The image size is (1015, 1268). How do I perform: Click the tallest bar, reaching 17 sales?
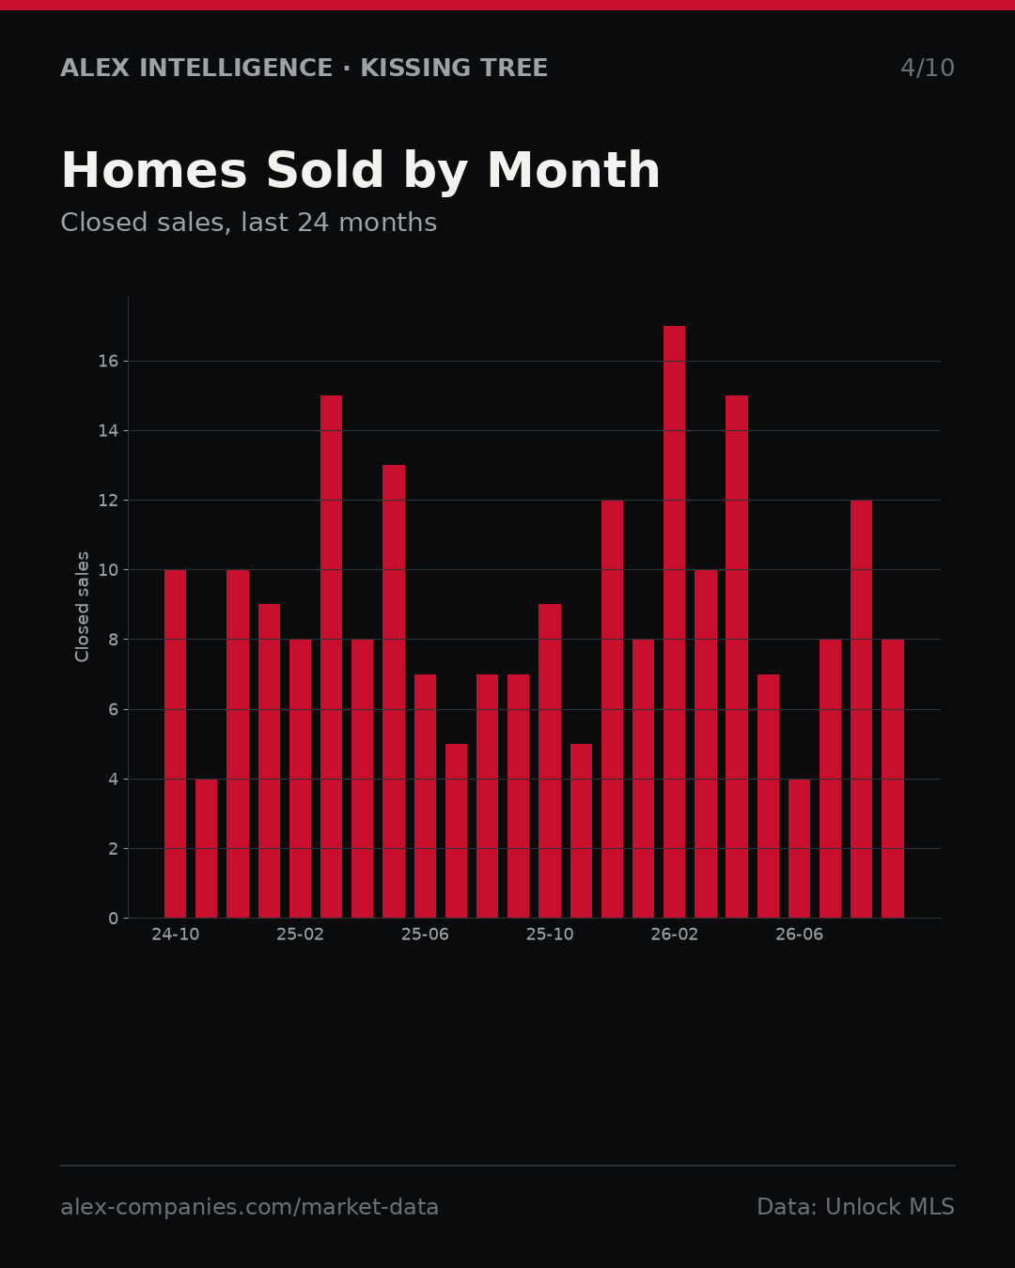point(674,622)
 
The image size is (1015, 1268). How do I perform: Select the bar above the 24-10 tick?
point(175,744)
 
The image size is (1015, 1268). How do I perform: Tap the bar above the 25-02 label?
point(300,779)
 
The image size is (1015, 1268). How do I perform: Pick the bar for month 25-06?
point(425,796)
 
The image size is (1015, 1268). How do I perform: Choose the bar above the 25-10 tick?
point(550,761)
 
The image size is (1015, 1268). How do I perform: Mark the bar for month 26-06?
point(799,848)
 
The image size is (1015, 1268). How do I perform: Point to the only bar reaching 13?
point(394,691)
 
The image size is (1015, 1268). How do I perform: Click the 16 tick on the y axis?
point(108,362)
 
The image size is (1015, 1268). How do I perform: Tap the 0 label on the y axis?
point(113,919)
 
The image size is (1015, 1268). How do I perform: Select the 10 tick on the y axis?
point(108,570)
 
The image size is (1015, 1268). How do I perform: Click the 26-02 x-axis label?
point(674,935)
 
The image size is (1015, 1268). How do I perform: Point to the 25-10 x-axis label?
point(550,935)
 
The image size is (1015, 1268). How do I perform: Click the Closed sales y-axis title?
point(82,607)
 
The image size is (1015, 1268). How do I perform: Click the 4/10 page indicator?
point(927,69)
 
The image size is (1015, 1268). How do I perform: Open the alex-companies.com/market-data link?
point(249,1207)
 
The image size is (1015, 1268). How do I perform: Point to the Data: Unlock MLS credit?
point(855,1207)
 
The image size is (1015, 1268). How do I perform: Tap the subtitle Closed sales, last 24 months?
point(248,223)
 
